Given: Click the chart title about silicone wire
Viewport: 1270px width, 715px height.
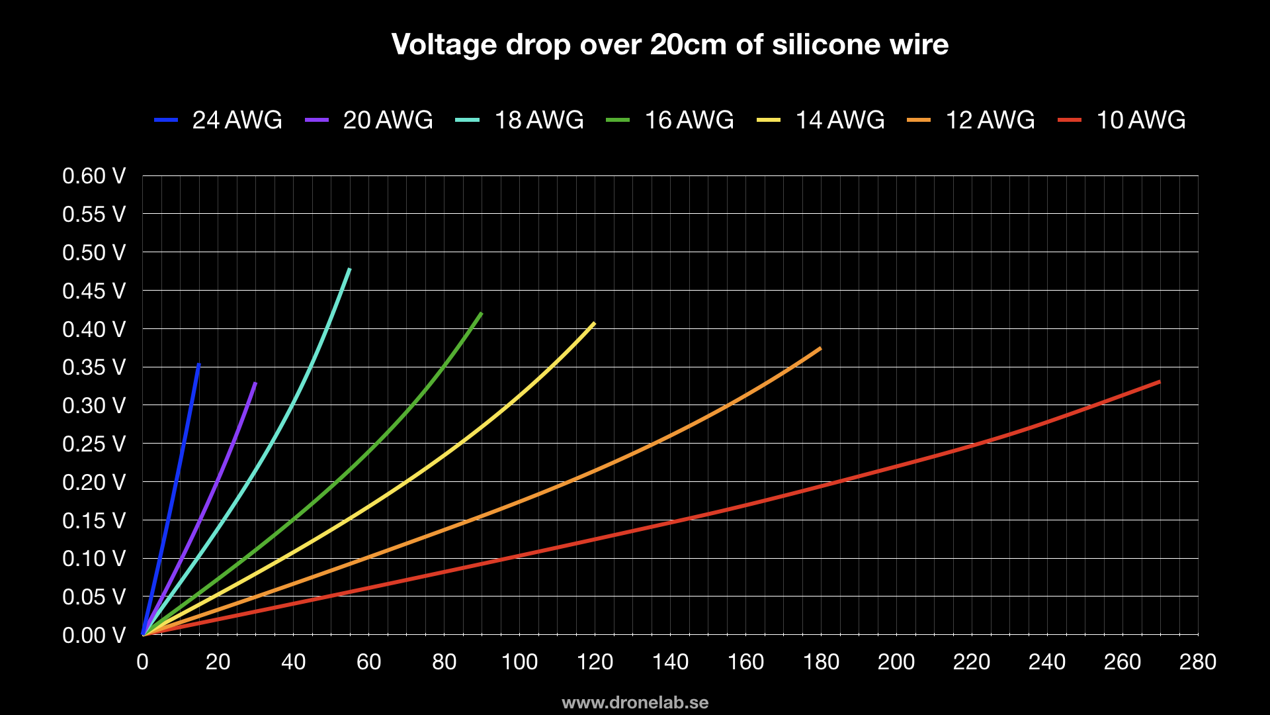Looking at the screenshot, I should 669,45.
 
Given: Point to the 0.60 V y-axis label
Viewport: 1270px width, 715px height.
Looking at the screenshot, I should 93,176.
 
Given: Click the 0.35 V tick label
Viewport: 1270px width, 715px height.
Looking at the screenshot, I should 93,367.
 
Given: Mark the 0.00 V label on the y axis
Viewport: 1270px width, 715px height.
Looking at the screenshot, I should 93,635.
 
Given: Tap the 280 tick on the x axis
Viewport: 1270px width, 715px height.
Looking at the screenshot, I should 1197,661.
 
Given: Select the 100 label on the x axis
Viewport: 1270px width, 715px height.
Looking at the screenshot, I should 519,661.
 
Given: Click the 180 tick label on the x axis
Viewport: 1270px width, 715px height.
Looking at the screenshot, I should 821,661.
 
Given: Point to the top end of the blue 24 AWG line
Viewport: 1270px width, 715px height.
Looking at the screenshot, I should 198,364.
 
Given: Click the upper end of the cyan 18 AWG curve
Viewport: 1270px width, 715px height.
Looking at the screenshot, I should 349,269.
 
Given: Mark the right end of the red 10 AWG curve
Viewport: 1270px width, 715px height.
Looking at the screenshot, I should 1159,381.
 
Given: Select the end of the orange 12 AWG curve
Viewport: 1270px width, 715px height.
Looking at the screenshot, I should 820,348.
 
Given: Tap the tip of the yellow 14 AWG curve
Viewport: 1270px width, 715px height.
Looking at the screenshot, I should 594,323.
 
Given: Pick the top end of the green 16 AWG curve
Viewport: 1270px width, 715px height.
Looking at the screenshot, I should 481,313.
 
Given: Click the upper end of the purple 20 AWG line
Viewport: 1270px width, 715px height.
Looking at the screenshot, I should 255,383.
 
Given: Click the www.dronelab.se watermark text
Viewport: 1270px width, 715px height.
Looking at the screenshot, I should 635,702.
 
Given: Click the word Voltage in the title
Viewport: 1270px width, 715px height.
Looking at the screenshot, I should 444,45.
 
